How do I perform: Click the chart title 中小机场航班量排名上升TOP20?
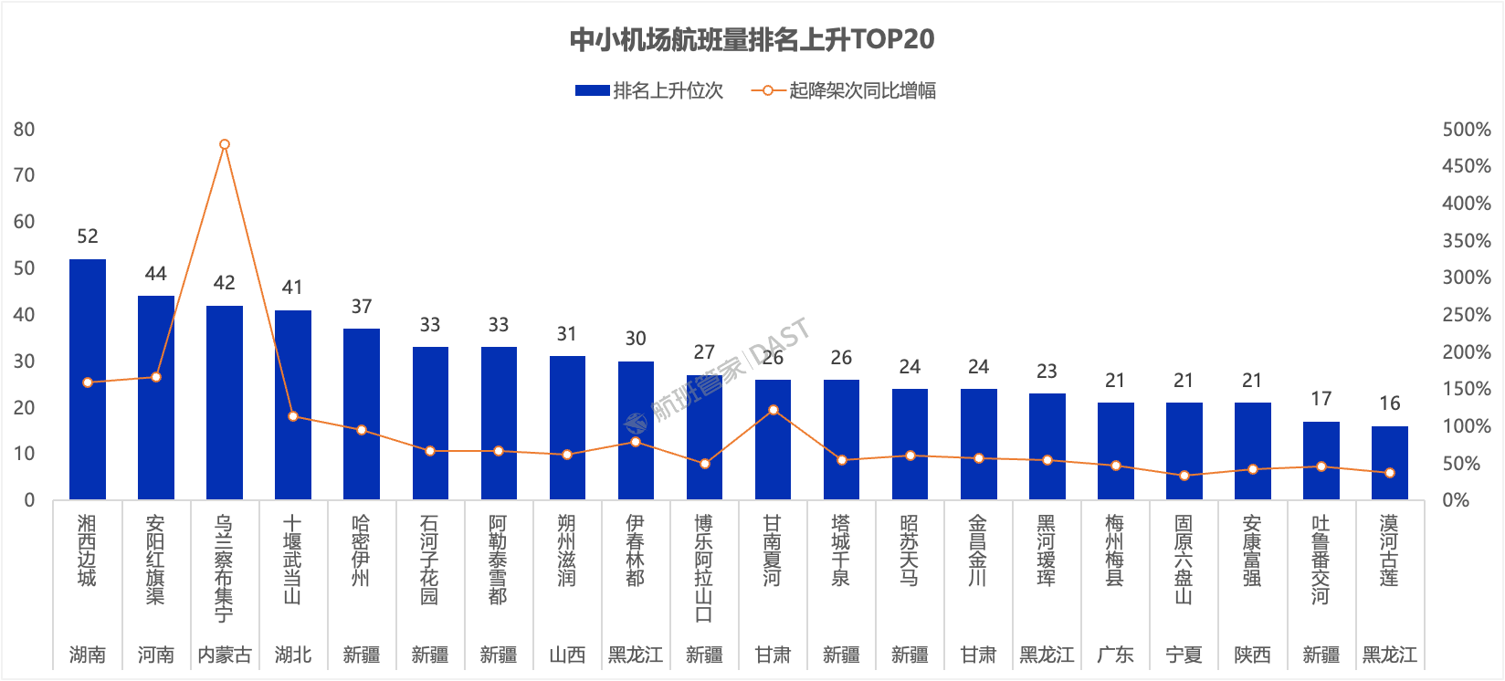[752, 39]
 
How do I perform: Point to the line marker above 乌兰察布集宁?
[225, 144]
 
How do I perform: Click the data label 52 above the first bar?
[88, 236]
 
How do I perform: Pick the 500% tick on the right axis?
[1466, 130]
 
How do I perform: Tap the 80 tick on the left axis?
[25, 130]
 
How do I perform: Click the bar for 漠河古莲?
[1389, 463]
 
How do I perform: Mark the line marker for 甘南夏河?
[773, 410]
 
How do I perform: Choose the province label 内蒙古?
[225, 655]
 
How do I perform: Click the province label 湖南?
[88, 655]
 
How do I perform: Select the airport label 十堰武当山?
[292, 560]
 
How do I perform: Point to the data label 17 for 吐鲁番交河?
[1321, 399]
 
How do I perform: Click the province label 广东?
[1115, 655]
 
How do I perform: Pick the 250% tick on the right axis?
[1466, 315]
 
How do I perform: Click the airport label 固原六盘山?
[1184, 560]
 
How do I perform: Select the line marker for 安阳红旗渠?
[156, 377]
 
